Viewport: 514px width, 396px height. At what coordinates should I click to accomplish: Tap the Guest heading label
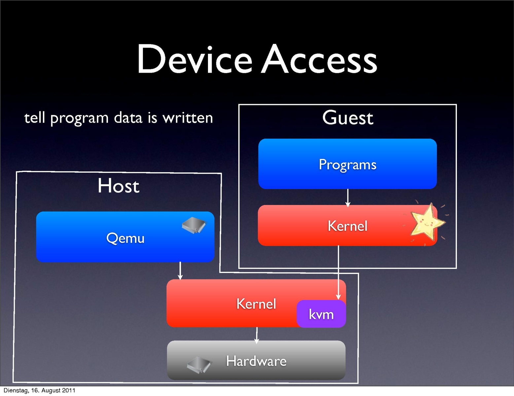(348, 118)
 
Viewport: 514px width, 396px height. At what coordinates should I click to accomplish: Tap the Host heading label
(119, 186)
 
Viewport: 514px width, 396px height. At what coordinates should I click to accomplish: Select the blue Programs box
(347, 164)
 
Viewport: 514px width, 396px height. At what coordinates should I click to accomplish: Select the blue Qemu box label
(125, 238)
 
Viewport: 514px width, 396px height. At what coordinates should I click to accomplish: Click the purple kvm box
(321, 314)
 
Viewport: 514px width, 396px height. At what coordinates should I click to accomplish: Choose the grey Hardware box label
(256, 361)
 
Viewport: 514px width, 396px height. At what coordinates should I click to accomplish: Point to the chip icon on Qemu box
(194, 226)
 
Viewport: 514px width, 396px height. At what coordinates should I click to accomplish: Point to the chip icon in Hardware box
(199, 365)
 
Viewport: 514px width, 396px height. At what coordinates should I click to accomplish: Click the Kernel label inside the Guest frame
(347, 226)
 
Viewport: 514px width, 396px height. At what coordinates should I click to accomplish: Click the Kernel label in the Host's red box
(256, 304)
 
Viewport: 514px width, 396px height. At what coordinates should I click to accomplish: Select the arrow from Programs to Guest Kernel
(348, 198)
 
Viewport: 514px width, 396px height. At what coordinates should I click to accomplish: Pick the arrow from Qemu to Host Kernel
(180, 270)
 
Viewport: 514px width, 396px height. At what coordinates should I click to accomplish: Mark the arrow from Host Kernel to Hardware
(257, 334)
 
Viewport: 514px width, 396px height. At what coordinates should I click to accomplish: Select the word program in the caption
(79, 119)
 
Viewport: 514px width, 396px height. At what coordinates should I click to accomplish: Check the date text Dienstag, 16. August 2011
(39, 390)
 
